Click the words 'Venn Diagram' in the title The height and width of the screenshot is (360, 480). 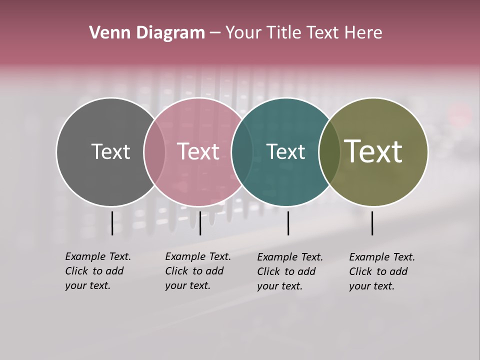coord(147,33)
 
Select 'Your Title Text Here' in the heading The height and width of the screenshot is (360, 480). coord(303,33)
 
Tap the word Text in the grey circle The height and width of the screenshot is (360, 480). coord(110,151)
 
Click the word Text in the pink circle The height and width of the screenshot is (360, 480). coord(198,151)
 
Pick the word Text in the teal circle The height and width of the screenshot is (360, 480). coord(285,151)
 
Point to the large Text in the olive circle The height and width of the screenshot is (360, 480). coord(373,151)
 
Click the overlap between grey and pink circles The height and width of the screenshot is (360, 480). coord(154,152)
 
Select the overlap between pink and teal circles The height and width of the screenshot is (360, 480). coord(242,152)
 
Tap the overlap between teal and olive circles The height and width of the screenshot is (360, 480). coord(329,152)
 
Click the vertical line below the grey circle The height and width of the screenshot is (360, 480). coord(112,223)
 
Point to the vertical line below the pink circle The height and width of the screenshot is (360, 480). coord(200,223)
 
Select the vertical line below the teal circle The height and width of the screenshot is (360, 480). coord(288,223)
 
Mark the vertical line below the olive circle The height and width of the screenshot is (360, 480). coord(372,223)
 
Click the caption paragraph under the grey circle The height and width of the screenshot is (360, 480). coord(97,271)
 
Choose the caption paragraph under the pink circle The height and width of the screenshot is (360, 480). coord(197,271)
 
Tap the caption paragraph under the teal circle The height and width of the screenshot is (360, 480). coord(290,271)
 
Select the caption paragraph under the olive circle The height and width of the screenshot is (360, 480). coord(382,271)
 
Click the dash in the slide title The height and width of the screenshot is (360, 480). coord(215,33)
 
